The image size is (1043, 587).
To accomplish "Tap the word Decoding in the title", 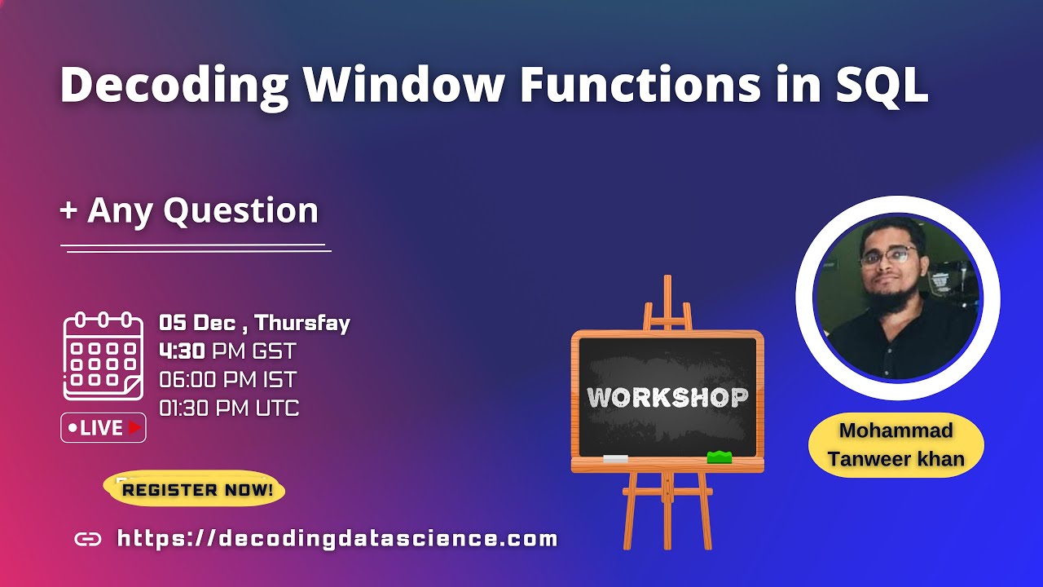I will pyautogui.click(x=174, y=85).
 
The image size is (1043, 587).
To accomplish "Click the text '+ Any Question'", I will pyautogui.click(x=189, y=210).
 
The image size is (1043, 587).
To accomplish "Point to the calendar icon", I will pyautogui.click(x=103, y=355).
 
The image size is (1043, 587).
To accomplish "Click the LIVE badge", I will pyautogui.click(x=103, y=427).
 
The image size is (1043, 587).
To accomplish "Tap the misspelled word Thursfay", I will pyautogui.click(x=302, y=323).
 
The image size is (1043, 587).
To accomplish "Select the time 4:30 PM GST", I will pyautogui.click(x=227, y=351).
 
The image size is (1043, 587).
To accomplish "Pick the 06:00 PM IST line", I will pyautogui.click(x=227, y=380).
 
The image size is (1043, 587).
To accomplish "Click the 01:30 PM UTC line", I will pyautogui.click(x=229, y=408).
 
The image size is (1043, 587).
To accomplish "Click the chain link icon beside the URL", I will pyautogui.click(x=87, y=539).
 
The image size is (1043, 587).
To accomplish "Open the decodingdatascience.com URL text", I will pyautogui.click(x=337, y=538).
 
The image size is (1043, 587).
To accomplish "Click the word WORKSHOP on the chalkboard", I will pyautogui.click(x=667, y=398).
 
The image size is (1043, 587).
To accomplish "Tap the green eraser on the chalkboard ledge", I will pyautogui.click(x=719, y=457).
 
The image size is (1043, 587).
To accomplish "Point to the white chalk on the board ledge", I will pyautogui.click(x=615, y=459).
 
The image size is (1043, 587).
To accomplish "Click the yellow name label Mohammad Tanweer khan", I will pyautogui.click(x=896, y=444).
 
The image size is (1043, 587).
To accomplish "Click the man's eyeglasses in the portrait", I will pyautogui.click(x=887, y=257).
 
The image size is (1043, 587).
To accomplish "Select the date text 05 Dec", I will pyautogui.click(x=198, y=323).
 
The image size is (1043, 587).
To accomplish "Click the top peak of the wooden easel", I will pyautogui.click(x=667, y=281).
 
